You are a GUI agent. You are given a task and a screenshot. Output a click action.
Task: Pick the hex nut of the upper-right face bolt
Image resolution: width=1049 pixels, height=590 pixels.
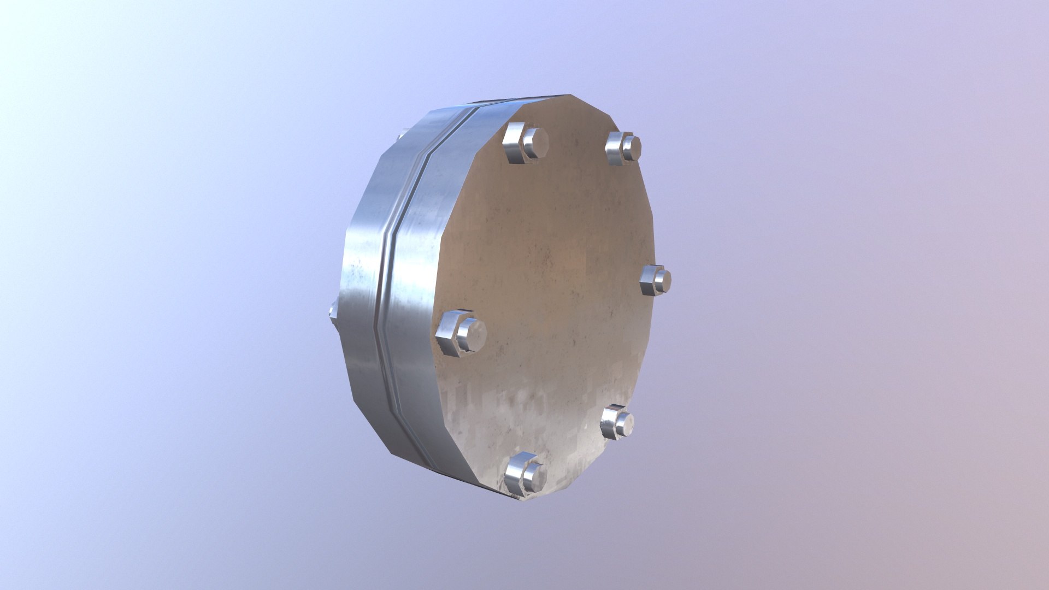[x=616, y=148]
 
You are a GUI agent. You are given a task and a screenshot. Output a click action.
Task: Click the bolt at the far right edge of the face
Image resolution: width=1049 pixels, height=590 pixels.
[x=656, y=280]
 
